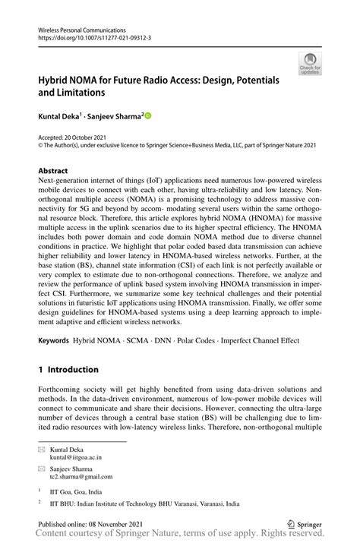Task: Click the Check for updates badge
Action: pyautogui.click(x=309, y=65)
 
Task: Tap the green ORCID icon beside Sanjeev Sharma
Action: pyautogui.click(x=147, y=115)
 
